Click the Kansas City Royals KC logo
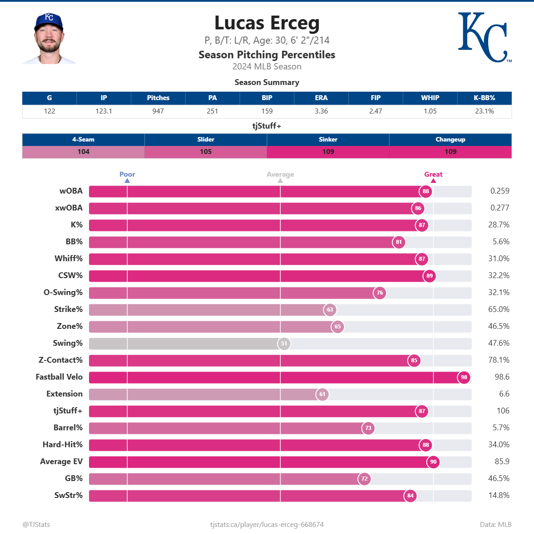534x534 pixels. coord(484,37)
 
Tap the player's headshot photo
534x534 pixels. coord(49,39)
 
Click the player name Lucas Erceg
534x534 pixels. coord(267,23)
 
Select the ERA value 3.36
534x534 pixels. coord(321,111)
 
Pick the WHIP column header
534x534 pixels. coord(430,98)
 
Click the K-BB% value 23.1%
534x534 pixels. coord(484,111)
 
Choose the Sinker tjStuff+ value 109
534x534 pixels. coord(328,152)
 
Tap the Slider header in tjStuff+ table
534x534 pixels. coord(206,139)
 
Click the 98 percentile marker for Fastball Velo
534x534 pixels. coord(464,377)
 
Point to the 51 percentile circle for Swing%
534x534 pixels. coord(284,344)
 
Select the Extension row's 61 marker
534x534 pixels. coord(322,394)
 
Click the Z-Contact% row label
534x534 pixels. coord(61,360)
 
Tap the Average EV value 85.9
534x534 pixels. coord(502,461)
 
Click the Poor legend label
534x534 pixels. coord(127,174)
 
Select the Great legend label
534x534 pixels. coord(433,174)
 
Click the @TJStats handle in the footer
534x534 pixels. coord(36,525)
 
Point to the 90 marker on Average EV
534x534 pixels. coord(433,462)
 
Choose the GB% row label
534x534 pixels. coord(74,478)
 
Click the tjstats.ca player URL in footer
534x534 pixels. coord(267,525)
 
